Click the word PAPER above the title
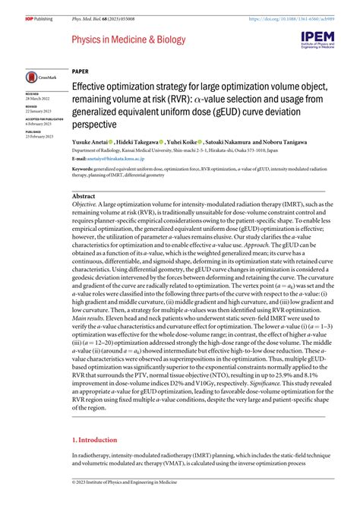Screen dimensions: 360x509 click(81, 68)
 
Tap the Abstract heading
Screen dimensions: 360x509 click(84, 195)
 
